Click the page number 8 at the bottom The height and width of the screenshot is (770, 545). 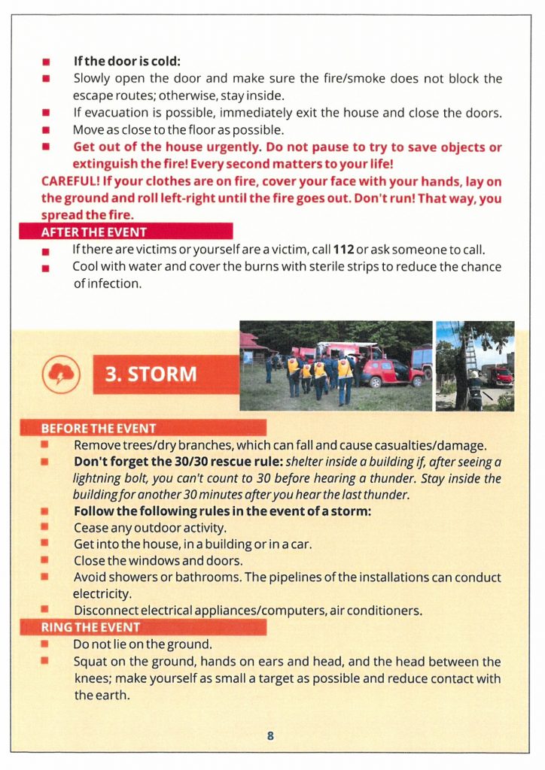pos(270,735)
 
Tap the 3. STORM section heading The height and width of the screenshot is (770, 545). pos(151,374)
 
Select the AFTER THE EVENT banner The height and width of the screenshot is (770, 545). pos(94,232)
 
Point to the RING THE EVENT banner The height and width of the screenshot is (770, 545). pos(90,627)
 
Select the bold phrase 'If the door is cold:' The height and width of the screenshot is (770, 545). pos(127,62)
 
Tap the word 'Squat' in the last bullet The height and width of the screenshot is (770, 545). pos(90,662)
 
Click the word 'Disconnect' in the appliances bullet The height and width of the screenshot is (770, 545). pos(104,610)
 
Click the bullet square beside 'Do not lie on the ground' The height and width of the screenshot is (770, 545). pos(45,644)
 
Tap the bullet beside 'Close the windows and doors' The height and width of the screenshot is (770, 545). pos(45,560)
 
